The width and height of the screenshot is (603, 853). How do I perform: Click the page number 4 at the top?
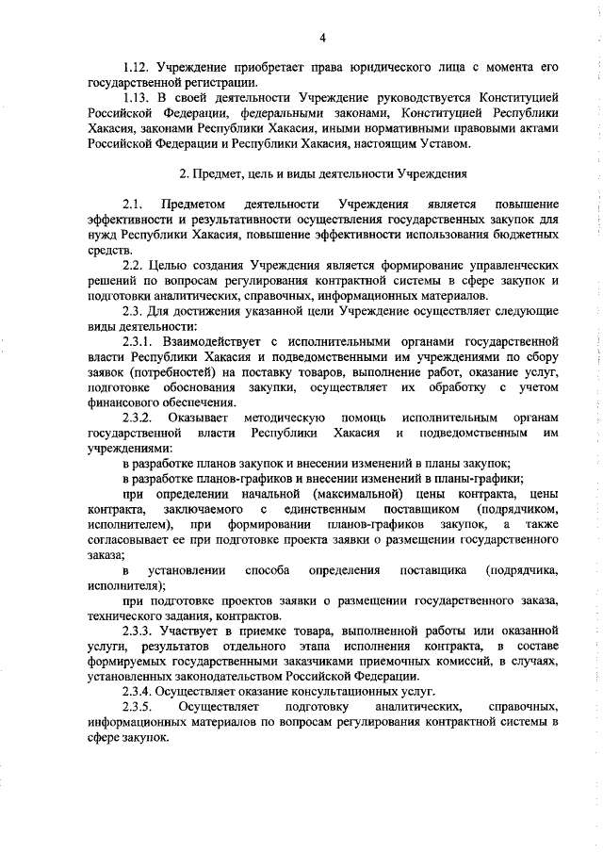322,38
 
